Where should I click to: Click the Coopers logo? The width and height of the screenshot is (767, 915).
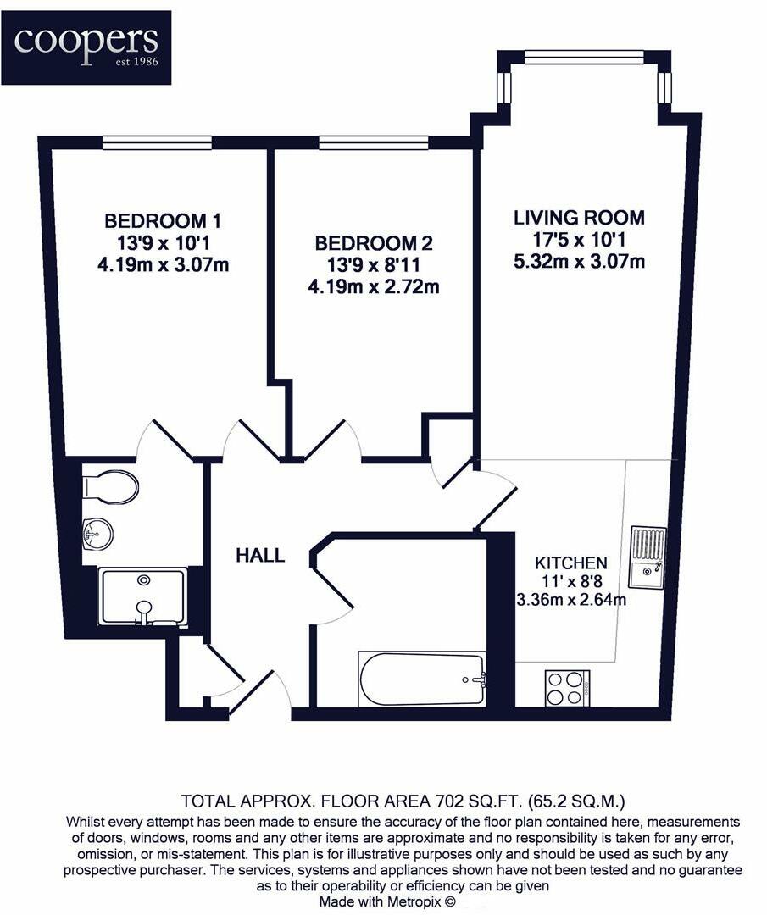click(86, 47)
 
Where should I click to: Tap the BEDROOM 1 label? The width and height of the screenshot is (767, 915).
click(163, 221)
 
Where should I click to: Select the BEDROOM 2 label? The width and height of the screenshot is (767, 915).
click(374, 244)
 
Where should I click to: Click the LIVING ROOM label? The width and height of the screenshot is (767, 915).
click(579, 218)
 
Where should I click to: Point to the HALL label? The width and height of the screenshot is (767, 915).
click(260, 557)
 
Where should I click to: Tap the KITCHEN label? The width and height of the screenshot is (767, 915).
click(570, 563)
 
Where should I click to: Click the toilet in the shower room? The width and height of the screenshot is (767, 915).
click(112, 488)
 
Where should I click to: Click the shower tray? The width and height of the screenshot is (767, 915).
click(143, 597)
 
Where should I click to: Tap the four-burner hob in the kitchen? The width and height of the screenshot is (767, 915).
click(566, 687)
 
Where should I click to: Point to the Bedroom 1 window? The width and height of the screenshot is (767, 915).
click(157, 143)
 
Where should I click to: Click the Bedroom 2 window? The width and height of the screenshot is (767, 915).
click(374, 143)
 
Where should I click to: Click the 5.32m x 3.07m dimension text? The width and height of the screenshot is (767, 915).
click(579, 262)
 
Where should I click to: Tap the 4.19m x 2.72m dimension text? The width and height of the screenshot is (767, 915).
click(374, 287)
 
